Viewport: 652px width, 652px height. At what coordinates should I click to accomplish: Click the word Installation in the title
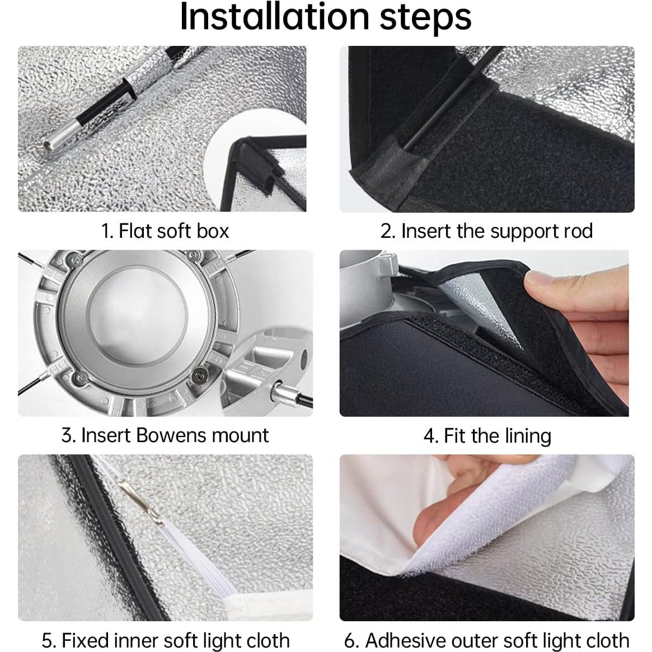tap(275, 17)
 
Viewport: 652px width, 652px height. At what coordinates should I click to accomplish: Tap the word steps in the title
tap(426, 18)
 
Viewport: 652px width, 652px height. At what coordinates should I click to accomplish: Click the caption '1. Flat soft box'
tap(165, 231)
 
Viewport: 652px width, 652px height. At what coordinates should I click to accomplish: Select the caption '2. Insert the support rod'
tap(486, 231)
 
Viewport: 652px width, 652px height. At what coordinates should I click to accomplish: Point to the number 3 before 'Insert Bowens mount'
tap(68, 436)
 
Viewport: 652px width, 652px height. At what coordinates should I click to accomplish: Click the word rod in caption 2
tap(578, 231)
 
